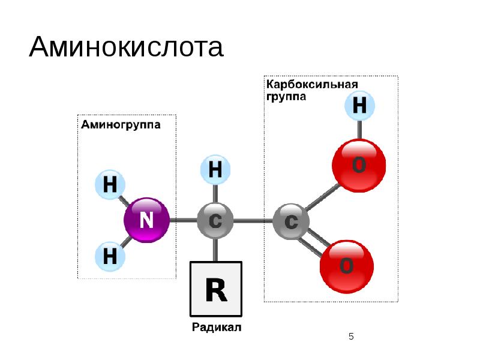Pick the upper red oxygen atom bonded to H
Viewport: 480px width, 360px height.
tap(359, 164)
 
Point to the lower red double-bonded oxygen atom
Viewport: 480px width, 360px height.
tap(346, 266)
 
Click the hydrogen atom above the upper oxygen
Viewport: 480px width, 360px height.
tap(359, 107)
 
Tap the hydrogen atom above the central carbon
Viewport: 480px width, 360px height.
tap(215, 170)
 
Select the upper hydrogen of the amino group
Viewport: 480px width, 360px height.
tap(110, 185)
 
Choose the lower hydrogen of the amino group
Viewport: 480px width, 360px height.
tap(110, 256)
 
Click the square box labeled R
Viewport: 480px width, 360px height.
tap(216, 289)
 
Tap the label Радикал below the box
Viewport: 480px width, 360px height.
tap(217, 328)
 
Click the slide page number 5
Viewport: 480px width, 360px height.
tap(352, 337)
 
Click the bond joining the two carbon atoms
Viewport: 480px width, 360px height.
tap(252, 221)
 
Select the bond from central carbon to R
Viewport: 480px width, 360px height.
tap(215, 249)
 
